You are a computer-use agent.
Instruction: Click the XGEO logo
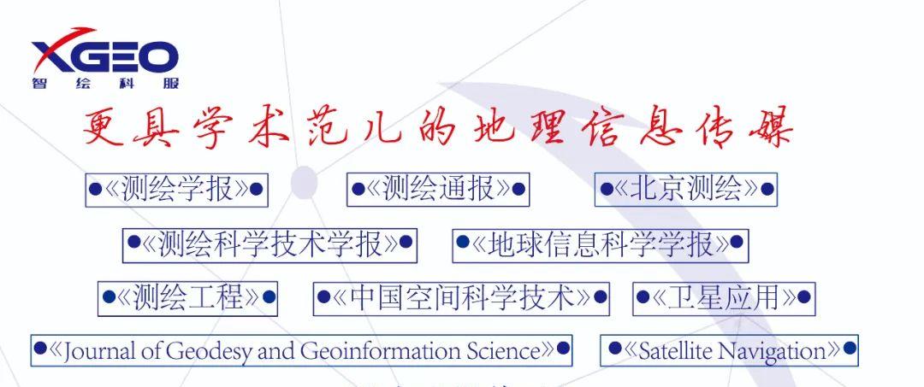(105, 57)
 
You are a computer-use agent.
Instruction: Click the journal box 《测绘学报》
(177, 190)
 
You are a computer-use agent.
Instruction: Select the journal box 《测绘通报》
(438, 190)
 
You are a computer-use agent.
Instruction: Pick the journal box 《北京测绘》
(686, 190)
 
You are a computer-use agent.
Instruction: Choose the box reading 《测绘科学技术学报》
(269, 245)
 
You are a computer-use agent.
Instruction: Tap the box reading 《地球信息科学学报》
(601, 245)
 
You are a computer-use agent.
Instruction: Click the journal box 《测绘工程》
(187, 299)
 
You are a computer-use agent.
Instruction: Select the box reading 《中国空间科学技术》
(461, 299)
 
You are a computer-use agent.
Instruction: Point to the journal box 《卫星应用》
(725, 299)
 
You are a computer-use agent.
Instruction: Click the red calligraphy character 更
(104, 127)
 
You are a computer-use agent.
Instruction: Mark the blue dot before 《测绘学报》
(95, 189)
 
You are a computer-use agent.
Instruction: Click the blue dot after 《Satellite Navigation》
(850, 349)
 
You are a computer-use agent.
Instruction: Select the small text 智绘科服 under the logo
(105, 84)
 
